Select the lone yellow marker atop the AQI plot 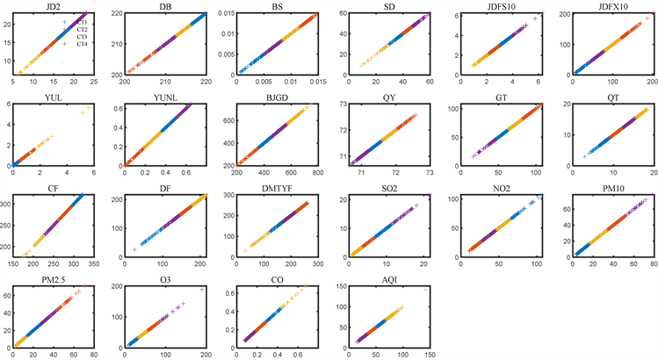(x=427, y=289)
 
